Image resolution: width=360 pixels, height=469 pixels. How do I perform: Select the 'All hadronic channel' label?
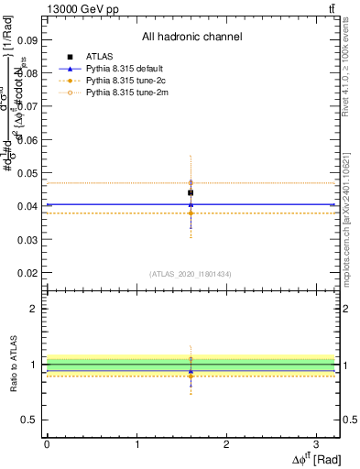pyautogui.click(x=191, y=38)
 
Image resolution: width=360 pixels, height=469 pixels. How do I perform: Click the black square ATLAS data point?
pyautogui.click(x=191, y=192)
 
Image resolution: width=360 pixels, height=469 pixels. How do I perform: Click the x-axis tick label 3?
pyautogui.click(x=316, y=443)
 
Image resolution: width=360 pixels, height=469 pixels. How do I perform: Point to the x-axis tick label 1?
pyautogui.click(x=136, y=443)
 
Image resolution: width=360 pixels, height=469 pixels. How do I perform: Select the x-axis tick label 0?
pyautogui.click(x=47, y=443)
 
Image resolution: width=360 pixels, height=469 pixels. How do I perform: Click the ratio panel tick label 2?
pyautogui.click(x=33, y=309)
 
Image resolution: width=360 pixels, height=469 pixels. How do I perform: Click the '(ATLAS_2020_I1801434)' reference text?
pyautogui.click(x=191, y=274)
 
